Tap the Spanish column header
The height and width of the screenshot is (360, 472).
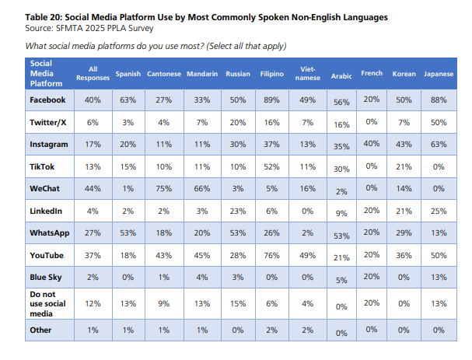[x=128, y=74]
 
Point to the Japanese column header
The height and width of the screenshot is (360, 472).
[x=439, y=74]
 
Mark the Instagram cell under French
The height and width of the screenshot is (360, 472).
[x=372, y=144]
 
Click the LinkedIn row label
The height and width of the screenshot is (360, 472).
[x=47, y=211]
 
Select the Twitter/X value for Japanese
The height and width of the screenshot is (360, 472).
[x=439, y=122]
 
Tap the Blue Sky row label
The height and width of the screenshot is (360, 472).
[x=46, y=276]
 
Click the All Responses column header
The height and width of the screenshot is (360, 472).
[x=93, y=74]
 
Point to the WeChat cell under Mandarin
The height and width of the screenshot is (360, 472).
[x=201, y=188]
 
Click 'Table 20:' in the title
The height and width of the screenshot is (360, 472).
[x=46, y=17]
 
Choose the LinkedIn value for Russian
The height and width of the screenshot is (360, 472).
[x=237, y=211]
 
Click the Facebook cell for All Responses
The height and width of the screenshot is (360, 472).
[x=93, y=100]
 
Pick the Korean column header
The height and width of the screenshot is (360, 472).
[x=404, y=74]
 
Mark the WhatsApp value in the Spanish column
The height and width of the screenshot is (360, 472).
[x=128, y=232]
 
